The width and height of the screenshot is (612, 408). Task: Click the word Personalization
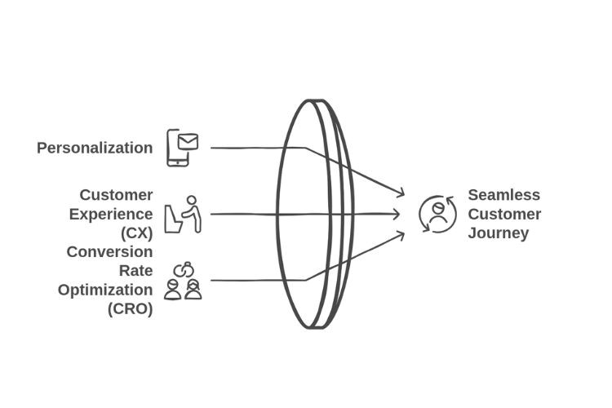click(95, 148)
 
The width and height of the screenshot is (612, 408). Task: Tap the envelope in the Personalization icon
click(188, 142)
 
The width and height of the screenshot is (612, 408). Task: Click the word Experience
click(111, 215)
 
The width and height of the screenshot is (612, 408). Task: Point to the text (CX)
click(136, 233)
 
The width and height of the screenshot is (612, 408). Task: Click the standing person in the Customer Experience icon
click(192, 214)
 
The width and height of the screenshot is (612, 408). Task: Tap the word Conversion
click(109, 252)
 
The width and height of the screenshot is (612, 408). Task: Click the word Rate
click(135, 271)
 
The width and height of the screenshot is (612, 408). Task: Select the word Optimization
click(105, 290)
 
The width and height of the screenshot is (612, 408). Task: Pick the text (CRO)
click(130, 308)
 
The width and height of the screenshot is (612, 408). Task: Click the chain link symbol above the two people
click(184, 269)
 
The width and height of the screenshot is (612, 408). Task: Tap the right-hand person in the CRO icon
click(193, 290)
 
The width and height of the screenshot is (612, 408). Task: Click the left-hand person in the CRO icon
click(172, 290)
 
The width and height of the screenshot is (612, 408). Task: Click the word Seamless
click(504, 195)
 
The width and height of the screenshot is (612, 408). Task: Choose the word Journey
click(499, 233)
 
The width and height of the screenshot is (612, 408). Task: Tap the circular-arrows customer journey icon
click(438, 215)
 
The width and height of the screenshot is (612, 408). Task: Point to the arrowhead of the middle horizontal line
click(396, 214)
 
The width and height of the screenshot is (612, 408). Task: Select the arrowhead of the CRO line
click(401, 235)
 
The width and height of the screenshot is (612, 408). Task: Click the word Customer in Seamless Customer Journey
click(504, 215)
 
